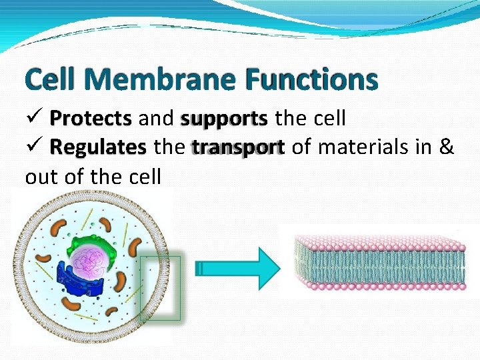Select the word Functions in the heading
pyautogui.click(x=311, y=80)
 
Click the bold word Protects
pyautogui.click(x=91, y=119)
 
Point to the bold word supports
pyautogui.click(x=224, y=119)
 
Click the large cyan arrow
pyautogui.click(x=240, y=268)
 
